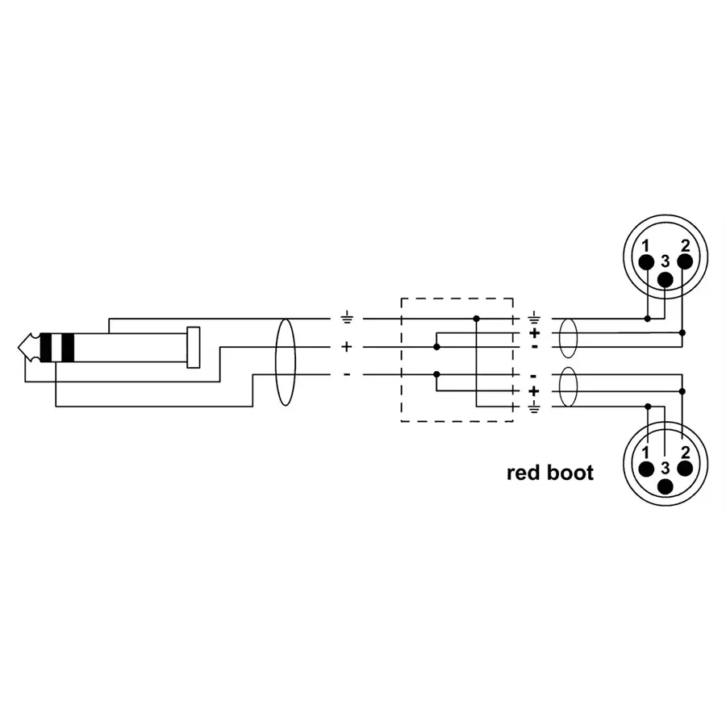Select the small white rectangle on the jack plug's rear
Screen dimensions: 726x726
pyautogui.click(x=193, y=347)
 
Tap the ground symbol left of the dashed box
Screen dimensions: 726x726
pyautogui.click(x=347, y=319)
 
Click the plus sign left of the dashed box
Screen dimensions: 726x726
pyautogui.click(x=347, y=347)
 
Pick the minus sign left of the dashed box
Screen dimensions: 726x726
pyautogui.click(x=347, y=374)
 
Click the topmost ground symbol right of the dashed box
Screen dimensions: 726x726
pyautogui.click(x=533, y=319)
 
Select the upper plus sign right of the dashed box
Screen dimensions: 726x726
pyautogui.click(x=533, y=332)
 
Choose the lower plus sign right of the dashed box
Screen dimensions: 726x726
pyautogui.click(x=533, y=390)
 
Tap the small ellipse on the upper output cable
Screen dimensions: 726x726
pyautogui.click(x=569, y=339)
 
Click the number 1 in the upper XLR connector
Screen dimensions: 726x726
pyautogui.click(x=645, y=245)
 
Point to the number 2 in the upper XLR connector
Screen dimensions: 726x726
pyautogui.click(x=685, y=244)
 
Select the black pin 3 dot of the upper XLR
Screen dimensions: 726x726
pyautogui.click(x=665, y=279)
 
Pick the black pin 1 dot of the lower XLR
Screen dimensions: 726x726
pyautogui.click(x=646, y=469)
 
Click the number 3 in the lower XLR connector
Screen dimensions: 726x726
pyautogui.click(x=665, y=468)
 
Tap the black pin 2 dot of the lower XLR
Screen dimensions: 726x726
pyautogui.click(x=684, y=468)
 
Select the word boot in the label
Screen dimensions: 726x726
pyautogui.click(x=570, y=473)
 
